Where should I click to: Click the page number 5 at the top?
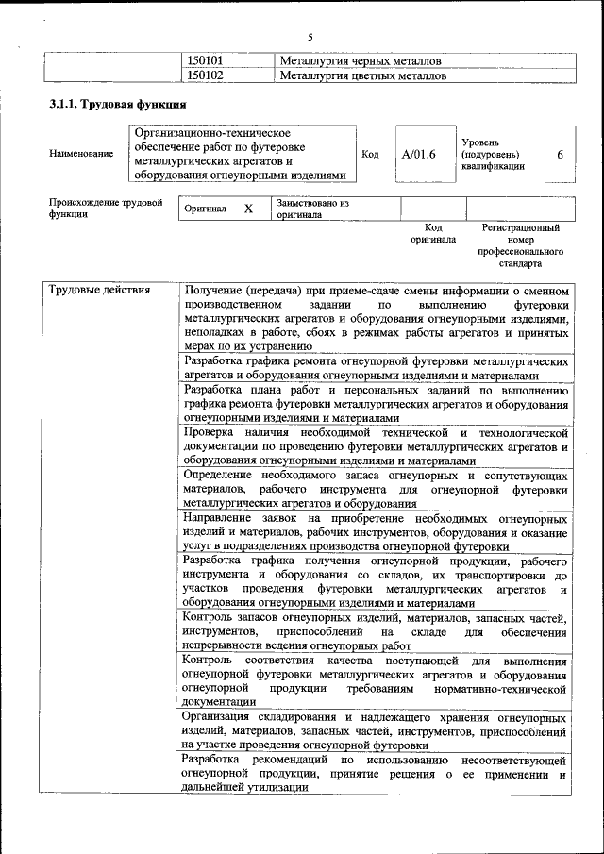[310, 37]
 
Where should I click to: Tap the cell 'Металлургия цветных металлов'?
[362, 75]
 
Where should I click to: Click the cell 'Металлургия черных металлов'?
[361, 61]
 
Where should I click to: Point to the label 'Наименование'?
[81, 154]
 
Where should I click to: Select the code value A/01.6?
[418, 154]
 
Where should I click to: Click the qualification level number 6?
[560, 154]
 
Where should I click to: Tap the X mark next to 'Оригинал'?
[248, 209]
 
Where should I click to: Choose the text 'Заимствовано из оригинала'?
[312, 209]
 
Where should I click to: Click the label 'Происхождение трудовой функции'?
[106, 209]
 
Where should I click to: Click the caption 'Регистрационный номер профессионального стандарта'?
[521, 246]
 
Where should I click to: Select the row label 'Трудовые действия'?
[100, 290]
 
